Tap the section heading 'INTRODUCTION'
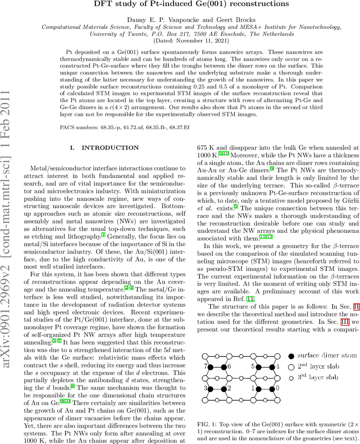(x=110, y=148)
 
